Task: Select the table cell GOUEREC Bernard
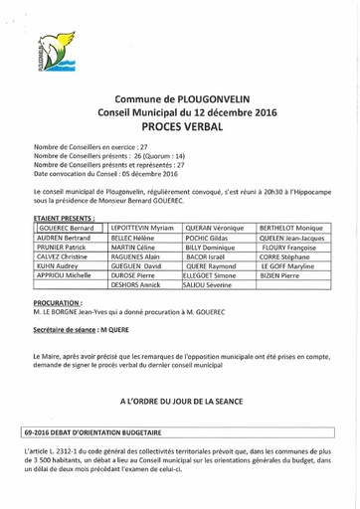tap(65, 228)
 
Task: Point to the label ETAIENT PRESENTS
tap(68, 216)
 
